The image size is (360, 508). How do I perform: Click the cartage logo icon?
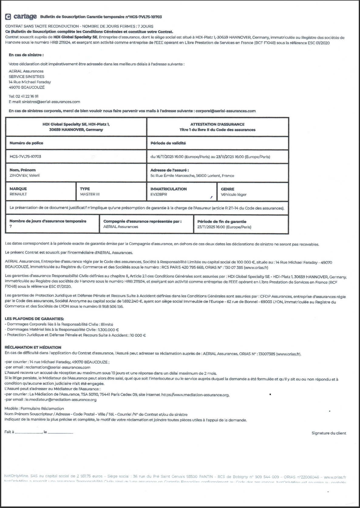[8, 17]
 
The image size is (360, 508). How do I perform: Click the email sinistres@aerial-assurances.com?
[51, 102]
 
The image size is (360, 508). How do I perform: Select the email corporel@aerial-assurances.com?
[226, 111]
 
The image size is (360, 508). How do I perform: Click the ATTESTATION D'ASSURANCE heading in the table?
[217, 124]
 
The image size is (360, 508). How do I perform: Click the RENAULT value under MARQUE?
[18, 194]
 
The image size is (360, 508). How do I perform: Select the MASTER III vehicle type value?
[90, 194]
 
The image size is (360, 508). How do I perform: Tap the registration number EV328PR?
[159, 194]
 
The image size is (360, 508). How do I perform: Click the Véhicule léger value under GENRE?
[234, 195]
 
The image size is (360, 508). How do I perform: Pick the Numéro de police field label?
[26, 143]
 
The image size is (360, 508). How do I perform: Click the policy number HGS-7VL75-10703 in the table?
[25, 157]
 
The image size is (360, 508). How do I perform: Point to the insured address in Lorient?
[192, 175]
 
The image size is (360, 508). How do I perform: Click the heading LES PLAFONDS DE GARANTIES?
[34, 319]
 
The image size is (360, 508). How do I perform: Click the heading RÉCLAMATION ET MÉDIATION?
[33, 347]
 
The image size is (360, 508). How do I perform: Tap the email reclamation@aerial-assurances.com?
[56, 367]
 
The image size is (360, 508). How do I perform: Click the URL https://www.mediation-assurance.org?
[195, 395]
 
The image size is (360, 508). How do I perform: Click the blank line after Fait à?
[28, 432]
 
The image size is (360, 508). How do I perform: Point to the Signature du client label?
[329, 433]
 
